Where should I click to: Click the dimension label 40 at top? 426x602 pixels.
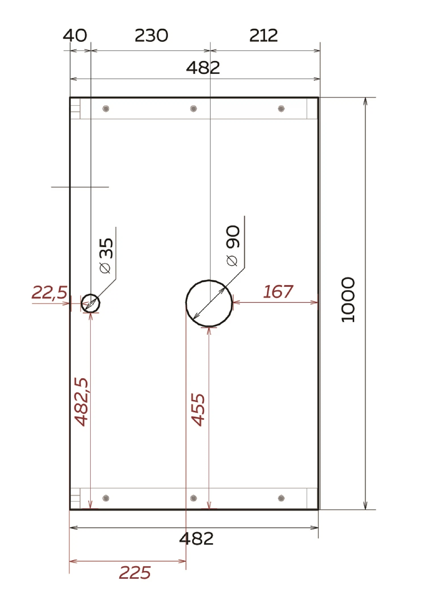[x=75, y=36]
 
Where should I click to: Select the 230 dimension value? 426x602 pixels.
[x=151, y=36]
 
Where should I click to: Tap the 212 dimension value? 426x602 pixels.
[x=263, y=36]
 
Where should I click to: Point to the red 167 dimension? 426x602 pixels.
[x=278, y=292]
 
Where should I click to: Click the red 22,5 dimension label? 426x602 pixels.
[x=49, y=292]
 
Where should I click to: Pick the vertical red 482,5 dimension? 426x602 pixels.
[x=81, y=402]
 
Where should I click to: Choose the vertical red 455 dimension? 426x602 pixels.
[x=198, y=410]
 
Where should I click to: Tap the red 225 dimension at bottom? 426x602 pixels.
[x=135, y=572]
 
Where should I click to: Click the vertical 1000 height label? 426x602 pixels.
[x=348, y=300]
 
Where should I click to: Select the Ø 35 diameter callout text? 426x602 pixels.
[x=106, y=256]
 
